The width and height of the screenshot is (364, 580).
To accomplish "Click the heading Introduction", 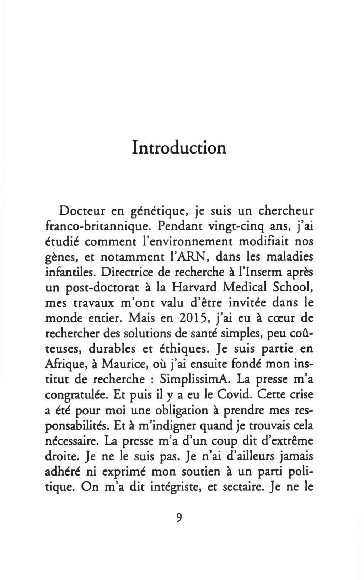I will click(x=179, y=147).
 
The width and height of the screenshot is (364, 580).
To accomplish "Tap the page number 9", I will click(x=179, y=517).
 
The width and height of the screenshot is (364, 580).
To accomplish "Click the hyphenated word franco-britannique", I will click(x=99, y=226).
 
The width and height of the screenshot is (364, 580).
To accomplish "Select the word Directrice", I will click(x=128, y=272).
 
